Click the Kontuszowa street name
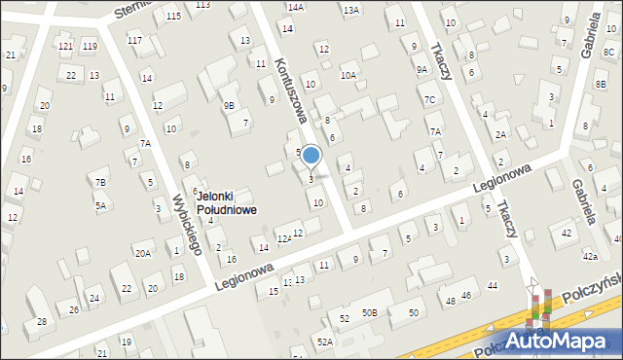pos(289,89)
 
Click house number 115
pos(173,17)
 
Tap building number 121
pos(65,47)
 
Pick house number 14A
pos(295,6)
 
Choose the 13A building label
pos(351,10)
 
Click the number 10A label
pos(348,74)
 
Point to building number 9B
pos(229,105)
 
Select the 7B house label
pos(100,182)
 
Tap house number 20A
pos(143,253)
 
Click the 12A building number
pos(283,238)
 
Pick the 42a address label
pos(590,256)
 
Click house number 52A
pos(324,342)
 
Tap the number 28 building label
pos(42,321)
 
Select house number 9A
pos(421,69)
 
